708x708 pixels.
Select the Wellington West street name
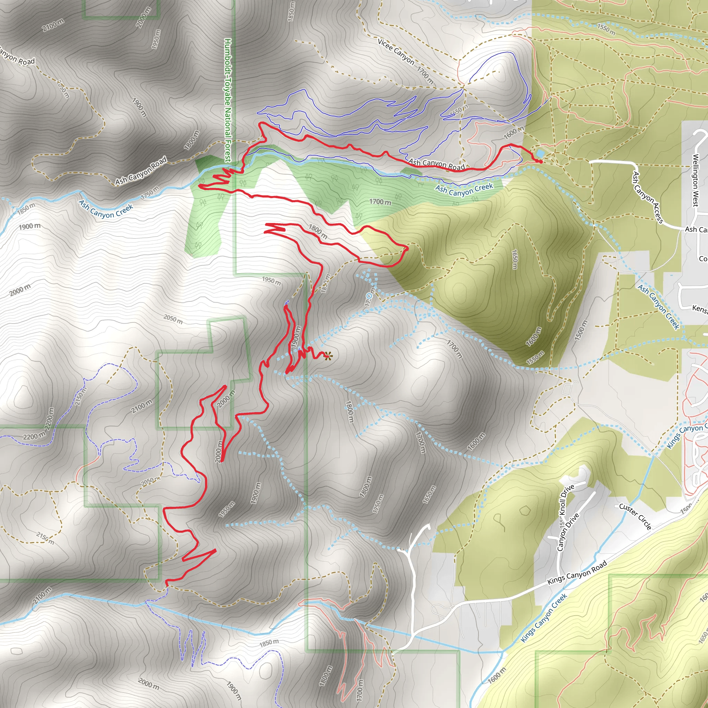click(x=695, y=180)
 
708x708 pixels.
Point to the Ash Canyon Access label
click(x=648, y=197)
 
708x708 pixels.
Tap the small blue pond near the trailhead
click(x=539, y=153)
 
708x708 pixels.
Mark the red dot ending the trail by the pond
click(x=541, y=161)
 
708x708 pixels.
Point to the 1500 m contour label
click(x=581, y=330)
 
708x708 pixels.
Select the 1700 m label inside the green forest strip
click(x=380, y=202)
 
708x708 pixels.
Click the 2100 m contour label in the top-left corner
click(x=53, y=25)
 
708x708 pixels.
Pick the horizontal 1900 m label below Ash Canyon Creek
click(x=30, y=226)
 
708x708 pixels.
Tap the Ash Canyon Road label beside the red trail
click(x=437, y=165)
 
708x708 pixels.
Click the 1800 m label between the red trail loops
click(x=318, y=231)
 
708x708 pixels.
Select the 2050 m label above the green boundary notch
click(x=173, y=319)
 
